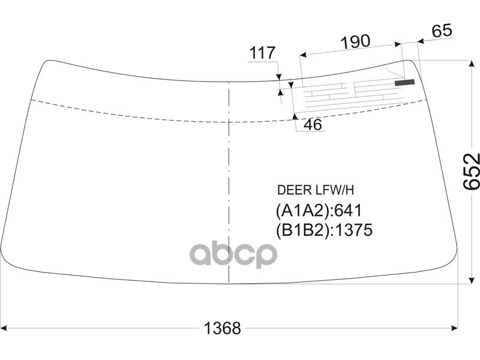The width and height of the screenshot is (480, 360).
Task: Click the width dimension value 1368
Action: click(x=223, y=328)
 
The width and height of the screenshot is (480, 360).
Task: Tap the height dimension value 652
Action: click(x=472, y=172)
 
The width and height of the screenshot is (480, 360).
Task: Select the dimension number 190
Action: click(x=356, y=41)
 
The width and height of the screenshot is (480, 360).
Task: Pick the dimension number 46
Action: click(x=313, y=125)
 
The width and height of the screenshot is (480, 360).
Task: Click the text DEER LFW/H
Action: click(x=316, y=190)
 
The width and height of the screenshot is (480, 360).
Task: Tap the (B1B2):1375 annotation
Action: click(x=324, y=230)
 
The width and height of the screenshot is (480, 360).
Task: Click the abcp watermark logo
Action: click(x=233, y=254)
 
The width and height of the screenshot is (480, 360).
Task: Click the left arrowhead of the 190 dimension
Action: click(x=302, y=56)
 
